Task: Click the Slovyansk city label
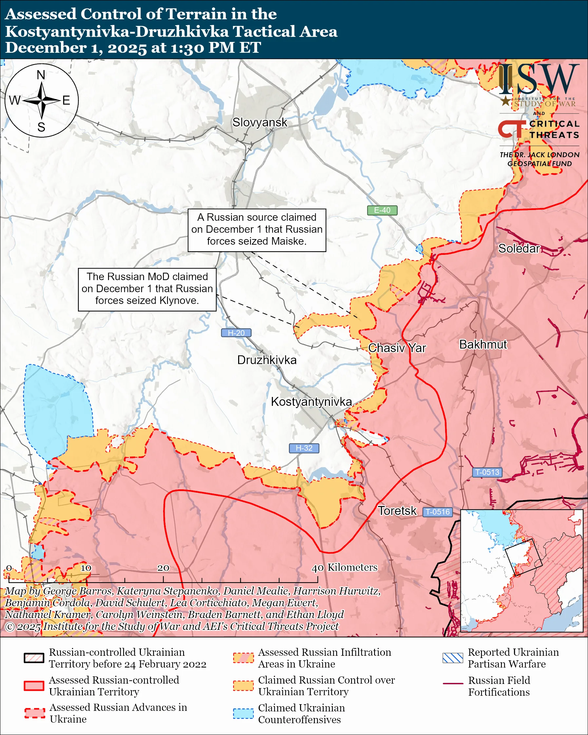260,122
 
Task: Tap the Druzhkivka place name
267,360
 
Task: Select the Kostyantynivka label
311,402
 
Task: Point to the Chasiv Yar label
397,348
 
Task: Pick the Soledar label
519,249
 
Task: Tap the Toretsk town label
397,511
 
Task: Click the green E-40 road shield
382,210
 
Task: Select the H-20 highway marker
236,333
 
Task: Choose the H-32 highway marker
304,448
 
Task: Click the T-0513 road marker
487,472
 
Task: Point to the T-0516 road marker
438,512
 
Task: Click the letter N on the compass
41,75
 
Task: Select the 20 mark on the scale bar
163,568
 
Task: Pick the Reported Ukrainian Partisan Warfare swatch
453,658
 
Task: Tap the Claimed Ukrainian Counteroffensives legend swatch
243,713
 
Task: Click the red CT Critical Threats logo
512,129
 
